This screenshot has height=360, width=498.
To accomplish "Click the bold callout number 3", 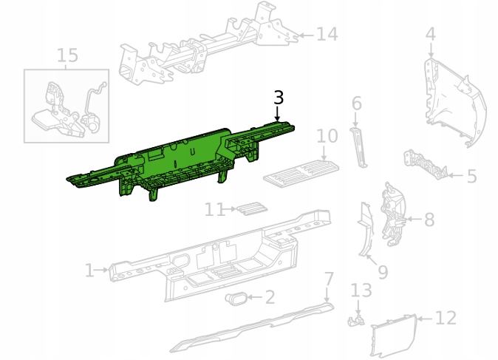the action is [x=279, y=98].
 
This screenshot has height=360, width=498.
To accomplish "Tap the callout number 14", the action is [x=327, y=34].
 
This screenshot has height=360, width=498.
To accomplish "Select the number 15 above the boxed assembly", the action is [x=67, y=55].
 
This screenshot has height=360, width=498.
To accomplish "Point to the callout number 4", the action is [x=430, y=34].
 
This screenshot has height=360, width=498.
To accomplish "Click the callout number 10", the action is [x=327, y=136].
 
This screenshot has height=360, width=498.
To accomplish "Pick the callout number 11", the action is [x=214, y=210].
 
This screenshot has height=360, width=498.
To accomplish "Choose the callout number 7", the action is [x=328, y=279].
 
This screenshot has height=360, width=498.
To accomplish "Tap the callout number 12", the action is [x=446, y=318].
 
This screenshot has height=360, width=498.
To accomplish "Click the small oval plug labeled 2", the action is [x=236, y=299].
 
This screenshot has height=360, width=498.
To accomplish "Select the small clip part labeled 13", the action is [x=355, y=321].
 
